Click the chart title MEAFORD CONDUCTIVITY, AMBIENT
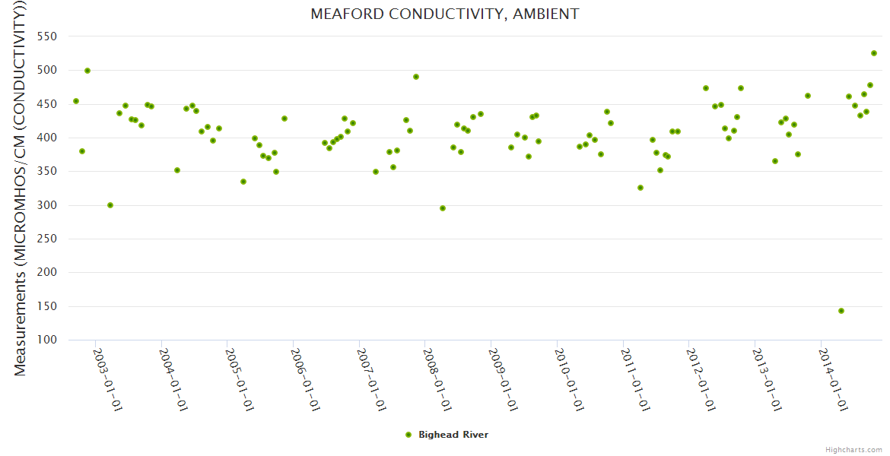(444, 14)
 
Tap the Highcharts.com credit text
(853, 450)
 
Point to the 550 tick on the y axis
(47, 36)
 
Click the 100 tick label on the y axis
(47, 340)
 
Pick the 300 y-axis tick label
(47, 205)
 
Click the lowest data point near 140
(841, 311)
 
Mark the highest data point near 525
(874, 53)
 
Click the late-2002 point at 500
(87, 71)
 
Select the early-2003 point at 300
(110, 205)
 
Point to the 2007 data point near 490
(416, 77)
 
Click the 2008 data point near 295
(443, 208)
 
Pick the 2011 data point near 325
(640, 188)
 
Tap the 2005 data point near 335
(243, 182)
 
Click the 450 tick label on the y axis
(47, 104)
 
